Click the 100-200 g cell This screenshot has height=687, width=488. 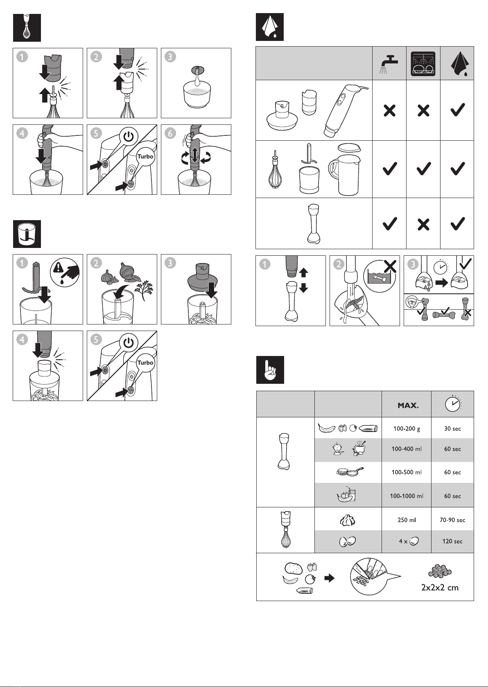407,429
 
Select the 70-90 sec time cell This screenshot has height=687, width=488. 452,520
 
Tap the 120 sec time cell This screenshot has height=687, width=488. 452,541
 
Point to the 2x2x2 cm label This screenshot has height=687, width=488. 440,588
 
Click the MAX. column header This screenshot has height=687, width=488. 408,405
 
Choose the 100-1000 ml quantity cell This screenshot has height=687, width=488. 407,496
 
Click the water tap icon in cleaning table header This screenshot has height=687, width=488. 389,63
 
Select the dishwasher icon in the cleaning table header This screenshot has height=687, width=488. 423,63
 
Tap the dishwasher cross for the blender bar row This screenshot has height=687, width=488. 423,224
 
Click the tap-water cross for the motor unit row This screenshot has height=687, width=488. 389,110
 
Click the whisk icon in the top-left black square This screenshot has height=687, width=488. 27,27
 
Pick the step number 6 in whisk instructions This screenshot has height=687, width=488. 170,133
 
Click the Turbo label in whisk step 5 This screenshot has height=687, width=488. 145,157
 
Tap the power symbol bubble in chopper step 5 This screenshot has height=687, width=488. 129,342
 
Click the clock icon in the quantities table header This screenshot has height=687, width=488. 452,404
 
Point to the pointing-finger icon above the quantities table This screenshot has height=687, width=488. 270,370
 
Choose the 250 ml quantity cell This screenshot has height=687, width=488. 407,520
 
